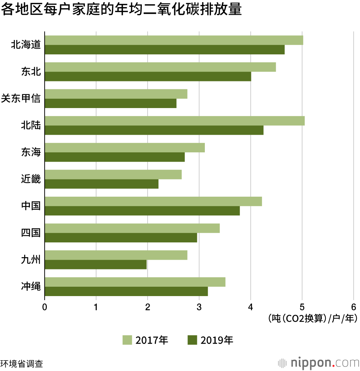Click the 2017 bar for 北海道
[x=174, y=40]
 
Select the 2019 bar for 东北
[x=148, y=76]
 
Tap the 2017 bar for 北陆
[x=175, y=121]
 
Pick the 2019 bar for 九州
[x=96, y=264]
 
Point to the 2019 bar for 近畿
[x=102, y=184]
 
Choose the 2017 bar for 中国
[x=153, y=201]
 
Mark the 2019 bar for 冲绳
[x=126, y=291]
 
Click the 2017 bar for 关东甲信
[x=116, y=94]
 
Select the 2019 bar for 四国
[x=121, y=238]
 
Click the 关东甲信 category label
[x=21, y=98]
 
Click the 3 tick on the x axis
[x=199, y=307]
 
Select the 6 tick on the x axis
[x=353, y=307]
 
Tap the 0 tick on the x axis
[x=45, y=307]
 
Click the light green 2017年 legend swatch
[x=127, y=340]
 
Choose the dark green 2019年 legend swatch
[x=193, y=340]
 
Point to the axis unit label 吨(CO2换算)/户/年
[x=312, y=318]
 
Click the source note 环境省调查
[x=22, y=363]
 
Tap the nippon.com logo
[x=318, y=362]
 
